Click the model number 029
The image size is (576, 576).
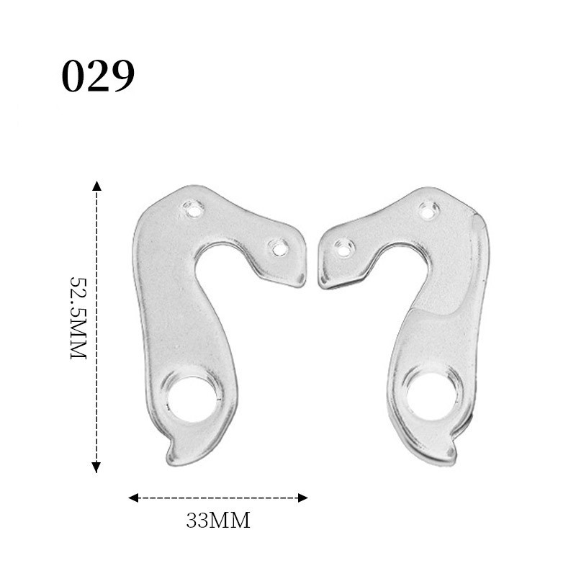point(98,76)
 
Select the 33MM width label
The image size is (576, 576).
point(218,521)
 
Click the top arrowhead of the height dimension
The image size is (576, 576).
point(96,186)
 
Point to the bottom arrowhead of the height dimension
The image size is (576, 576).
point(96,468)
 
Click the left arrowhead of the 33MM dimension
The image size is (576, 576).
point(132,498)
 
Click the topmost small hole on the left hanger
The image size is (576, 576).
point(192,210)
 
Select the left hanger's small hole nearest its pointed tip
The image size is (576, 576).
point(277,248)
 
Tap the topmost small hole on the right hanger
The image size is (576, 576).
point(429,210)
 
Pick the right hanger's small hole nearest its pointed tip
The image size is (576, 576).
point(344,248)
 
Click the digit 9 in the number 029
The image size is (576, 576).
point(122,77)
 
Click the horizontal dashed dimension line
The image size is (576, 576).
point(218,498)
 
